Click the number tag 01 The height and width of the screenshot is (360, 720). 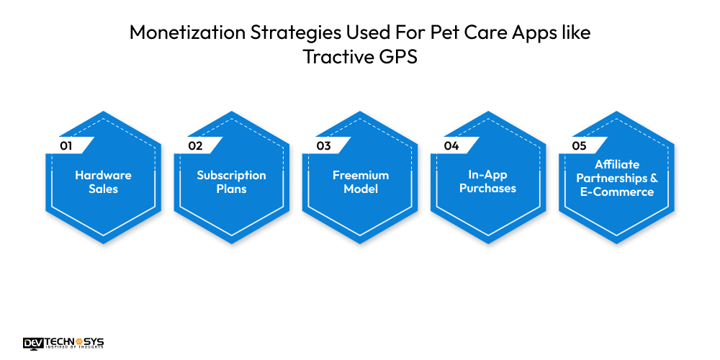pyautogui.click(x=67, y=145)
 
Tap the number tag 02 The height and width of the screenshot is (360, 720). pyautogui.click(x=195, y=145)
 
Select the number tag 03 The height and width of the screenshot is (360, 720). pyautogui.click(x=323, y=145)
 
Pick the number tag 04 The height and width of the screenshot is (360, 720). pyautogui.click(x=451, y=145)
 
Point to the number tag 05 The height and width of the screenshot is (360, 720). pyautogui.click(x=580, y=145)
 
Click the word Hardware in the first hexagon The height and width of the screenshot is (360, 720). pyautogui.click(x=104, y=175)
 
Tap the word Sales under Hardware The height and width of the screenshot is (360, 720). pyautogui.click(x=104, y=189)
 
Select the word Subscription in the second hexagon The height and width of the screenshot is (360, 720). pyautogui.click(x=231, y=175)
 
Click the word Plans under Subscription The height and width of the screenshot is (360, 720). pyautogui.click(x=231, y=189)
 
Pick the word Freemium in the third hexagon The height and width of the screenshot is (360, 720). pyautogui.click(x=360, y=175)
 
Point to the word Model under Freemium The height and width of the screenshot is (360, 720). pyautogui.click(x=360, y=189)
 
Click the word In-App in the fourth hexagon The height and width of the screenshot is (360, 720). pyautogui.click(x=488, y=175)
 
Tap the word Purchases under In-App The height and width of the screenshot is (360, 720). pyautogui.click(x=488, y=189)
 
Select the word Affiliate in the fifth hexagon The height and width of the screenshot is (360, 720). pyautogui.click(x=616, y=164)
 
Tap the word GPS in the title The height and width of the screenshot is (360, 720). pyautogui.click(x=398, y=57)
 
